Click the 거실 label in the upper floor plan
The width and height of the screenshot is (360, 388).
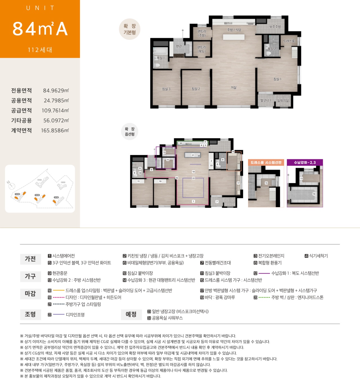tap(233, 88)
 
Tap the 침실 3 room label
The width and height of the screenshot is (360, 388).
tap(166, 89)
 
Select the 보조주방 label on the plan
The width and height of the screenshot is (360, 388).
tap(275, 27)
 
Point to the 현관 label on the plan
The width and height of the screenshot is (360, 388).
tap(179, 46)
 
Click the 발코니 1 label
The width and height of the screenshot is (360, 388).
tap(265, 100)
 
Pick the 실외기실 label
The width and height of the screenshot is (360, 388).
tap(283, 101)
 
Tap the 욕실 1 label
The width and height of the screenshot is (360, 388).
tap(161, 58)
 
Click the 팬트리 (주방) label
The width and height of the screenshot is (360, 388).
tap(202, 33)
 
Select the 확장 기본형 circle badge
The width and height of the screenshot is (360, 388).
tap(130, 29)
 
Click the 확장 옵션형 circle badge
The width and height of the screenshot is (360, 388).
tap(130, 132)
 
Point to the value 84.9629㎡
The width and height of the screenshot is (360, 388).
tap(56, 91)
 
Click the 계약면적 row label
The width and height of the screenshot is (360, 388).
tap(21, 130)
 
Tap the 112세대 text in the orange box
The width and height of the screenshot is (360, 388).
tap(40, 50)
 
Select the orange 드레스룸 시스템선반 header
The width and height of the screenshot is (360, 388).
tap(266, 163)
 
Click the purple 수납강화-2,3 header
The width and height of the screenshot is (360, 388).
tap(305, 163)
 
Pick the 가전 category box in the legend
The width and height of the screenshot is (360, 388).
tap(30, 259)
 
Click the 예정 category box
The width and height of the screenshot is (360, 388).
tap(131, 314)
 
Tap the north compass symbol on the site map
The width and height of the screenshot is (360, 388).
tap(11, 185)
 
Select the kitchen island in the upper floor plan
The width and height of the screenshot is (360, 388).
tap(234, 37)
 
